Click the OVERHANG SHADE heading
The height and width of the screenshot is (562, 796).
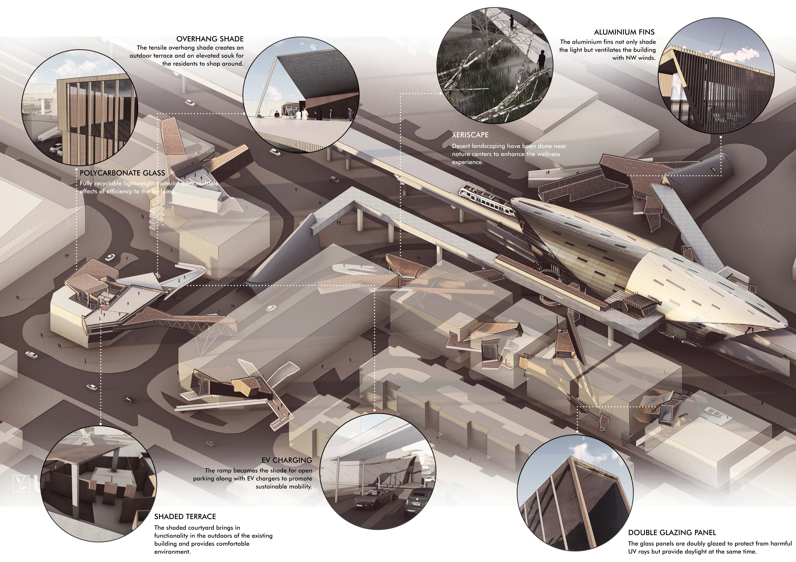click(x=210, y=39)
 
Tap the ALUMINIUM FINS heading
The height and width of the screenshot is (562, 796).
click(x=624, y=32)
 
